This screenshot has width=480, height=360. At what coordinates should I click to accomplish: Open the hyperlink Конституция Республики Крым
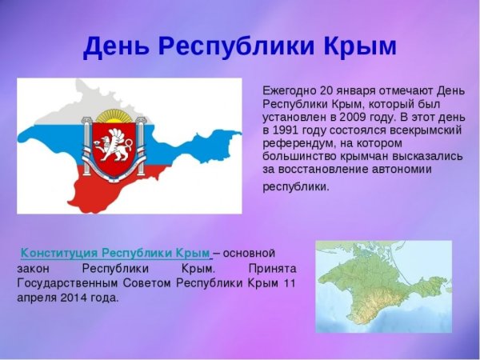pyautogui.click(x=114, y=254)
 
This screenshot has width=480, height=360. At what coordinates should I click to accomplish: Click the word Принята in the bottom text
pyautogui.click(x=272, y=268)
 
